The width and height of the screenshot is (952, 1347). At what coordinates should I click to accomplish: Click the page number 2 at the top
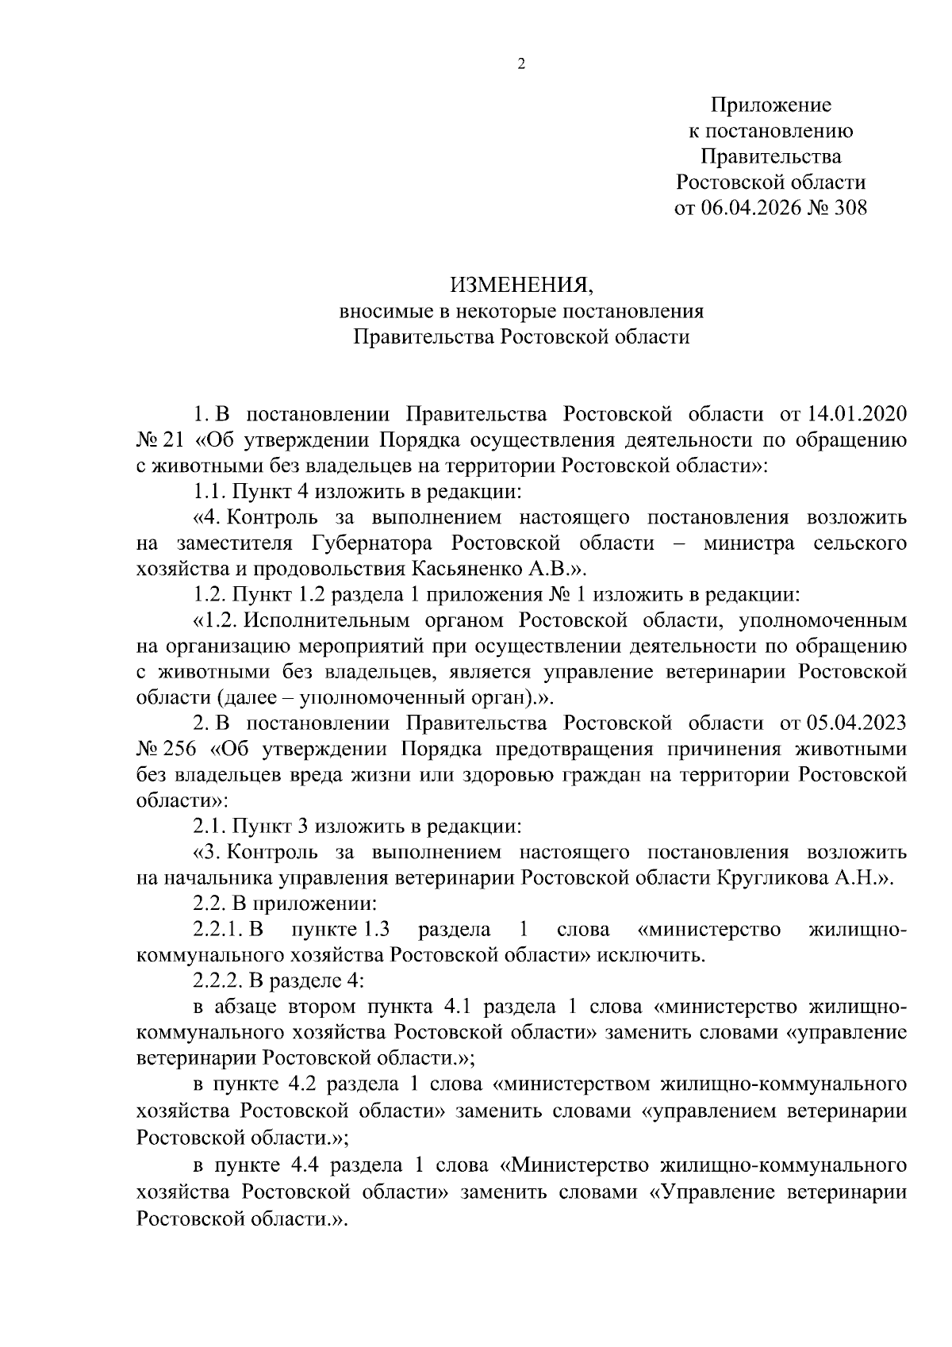coord(521,65)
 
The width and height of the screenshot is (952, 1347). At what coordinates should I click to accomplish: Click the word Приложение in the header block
coord(770,105)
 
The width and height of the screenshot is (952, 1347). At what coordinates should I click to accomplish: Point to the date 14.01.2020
coord(858,414)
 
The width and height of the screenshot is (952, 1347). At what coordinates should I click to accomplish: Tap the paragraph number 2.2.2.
coord(219,981)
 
